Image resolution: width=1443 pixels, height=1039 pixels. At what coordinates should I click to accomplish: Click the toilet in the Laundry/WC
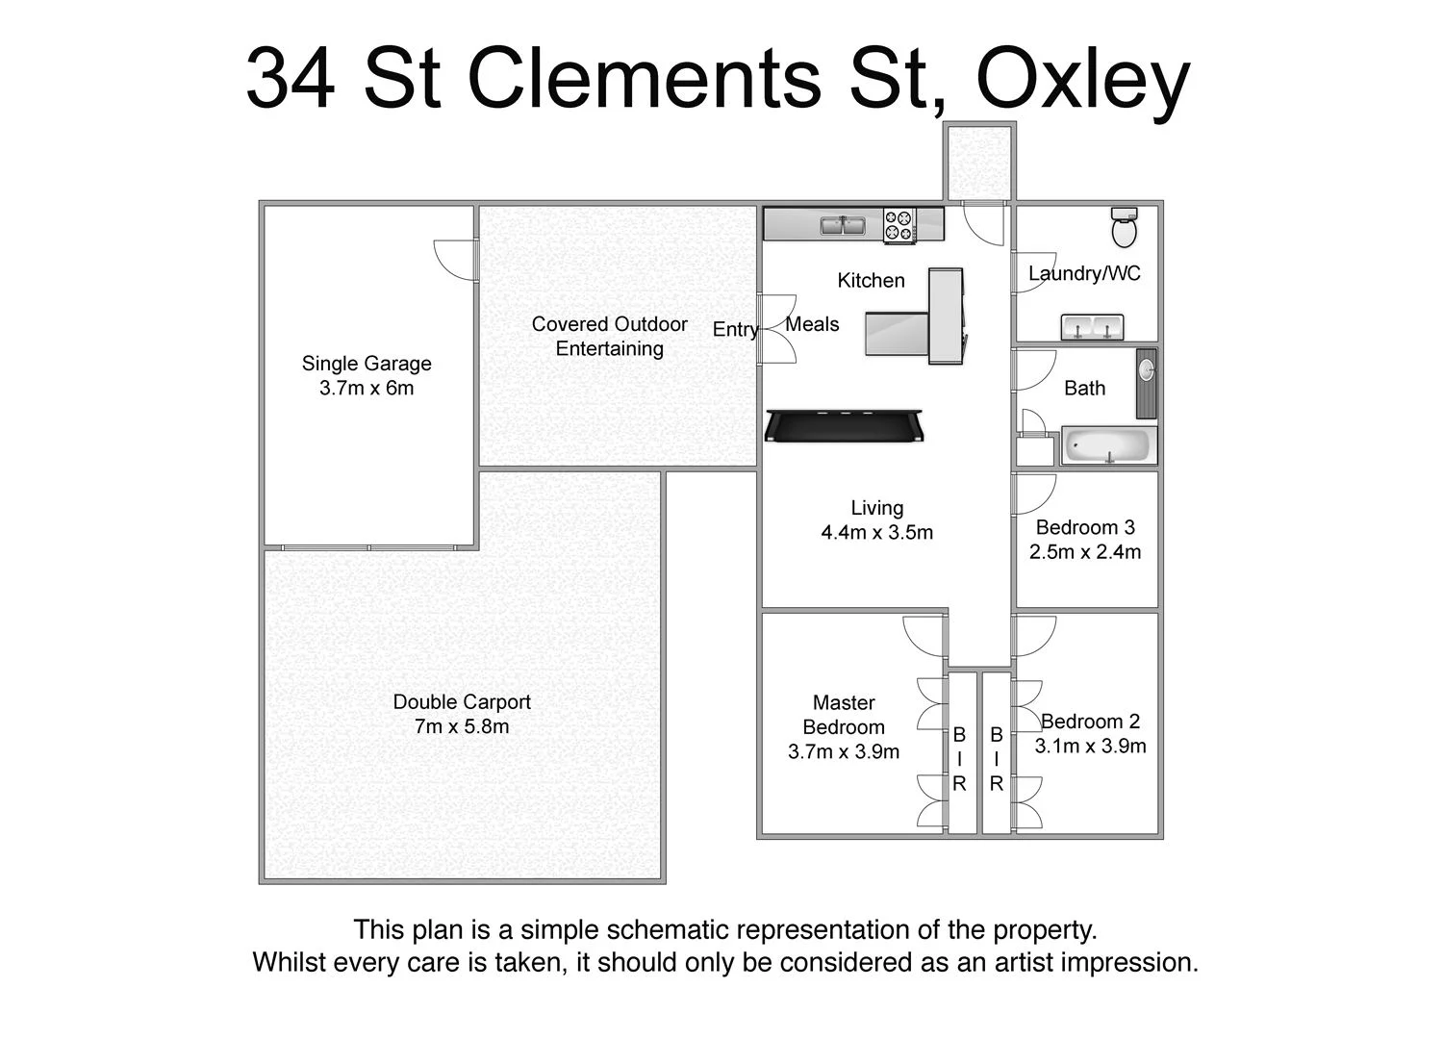click(x=1124, y=227)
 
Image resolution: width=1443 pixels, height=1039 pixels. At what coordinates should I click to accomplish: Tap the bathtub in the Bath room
click(x=1108, y=446)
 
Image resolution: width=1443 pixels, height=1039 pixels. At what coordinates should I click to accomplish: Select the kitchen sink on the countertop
click(x=842, y=225)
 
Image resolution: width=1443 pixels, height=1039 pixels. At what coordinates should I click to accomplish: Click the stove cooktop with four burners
click(x=900, y=225)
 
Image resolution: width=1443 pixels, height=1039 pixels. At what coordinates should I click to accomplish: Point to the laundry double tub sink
click(x=1093, y=327)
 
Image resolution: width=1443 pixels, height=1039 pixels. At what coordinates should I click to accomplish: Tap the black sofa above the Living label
click(x=845, y=424)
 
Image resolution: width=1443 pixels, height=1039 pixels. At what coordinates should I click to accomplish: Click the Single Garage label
click(x=367, y=364)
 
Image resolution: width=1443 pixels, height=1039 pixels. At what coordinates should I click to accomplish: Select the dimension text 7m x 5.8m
click(x=462, y=727)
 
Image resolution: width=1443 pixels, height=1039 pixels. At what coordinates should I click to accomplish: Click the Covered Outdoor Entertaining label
click(x=610, y=337)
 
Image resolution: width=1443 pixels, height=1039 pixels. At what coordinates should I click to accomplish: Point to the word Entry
click(x=735, y=330)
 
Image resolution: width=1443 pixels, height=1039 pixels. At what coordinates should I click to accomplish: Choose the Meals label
click(x=812, y=324)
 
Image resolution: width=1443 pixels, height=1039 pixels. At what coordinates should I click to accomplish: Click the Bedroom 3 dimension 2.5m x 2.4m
click(x=1085, y=552)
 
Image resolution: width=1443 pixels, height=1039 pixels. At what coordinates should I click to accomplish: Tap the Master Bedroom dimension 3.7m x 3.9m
click(x=844, y=752)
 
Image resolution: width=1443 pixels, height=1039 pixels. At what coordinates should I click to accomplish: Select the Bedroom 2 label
click(x=1091, y=722)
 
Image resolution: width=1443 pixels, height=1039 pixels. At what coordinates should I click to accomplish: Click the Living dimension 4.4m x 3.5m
click(x=876, y=533)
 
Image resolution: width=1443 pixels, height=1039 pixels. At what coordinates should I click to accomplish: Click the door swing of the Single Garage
click(x=456, y=258)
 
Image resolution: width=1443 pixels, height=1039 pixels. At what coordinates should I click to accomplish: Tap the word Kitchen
click(x=871, y=281)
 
